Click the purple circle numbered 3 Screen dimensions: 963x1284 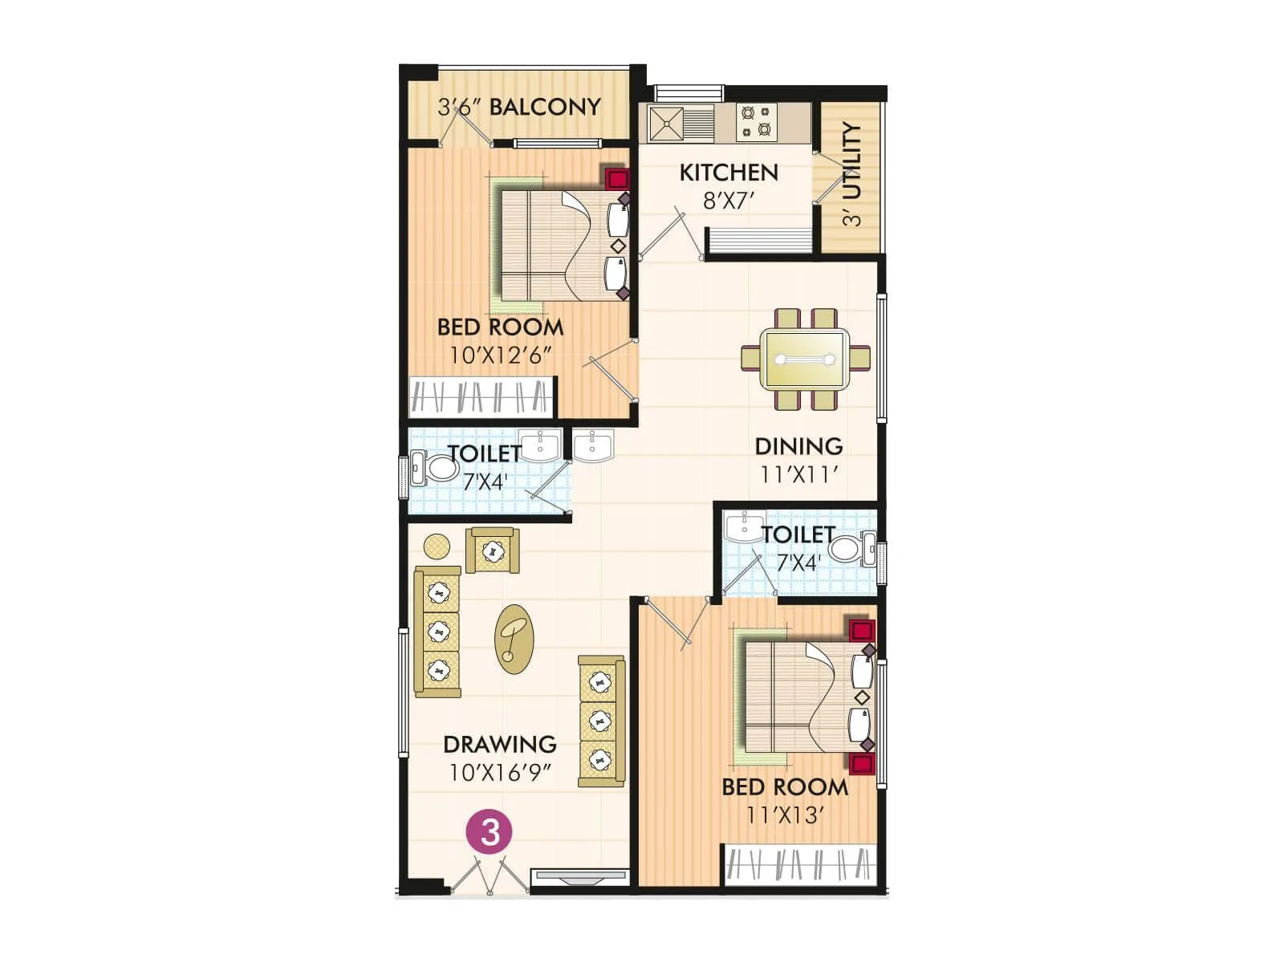pyautogui.click(x=490, y=831)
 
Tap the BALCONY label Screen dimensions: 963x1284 pyautogui.click(x=545, y=107)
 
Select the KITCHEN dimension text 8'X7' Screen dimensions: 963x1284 pyautogui.click(x=729, y=201)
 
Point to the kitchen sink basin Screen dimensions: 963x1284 pyautogui.click(x=667, y=124)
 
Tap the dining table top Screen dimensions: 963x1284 pyautogui.click(x=805, y=359)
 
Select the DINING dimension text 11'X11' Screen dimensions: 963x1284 pyautogui.click(x=799, y=474)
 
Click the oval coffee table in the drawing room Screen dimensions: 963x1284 pyautogui.click(x=514, y=639)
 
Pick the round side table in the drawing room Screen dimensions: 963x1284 pyautogui.click(x=437, y=547)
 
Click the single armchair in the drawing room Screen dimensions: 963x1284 pyautogui.click(x=492, y=551)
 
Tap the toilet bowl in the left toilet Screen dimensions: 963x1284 pyautogui.click(x=438, y=468)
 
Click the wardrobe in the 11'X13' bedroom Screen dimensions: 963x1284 pyautogui.click(x=798, y=865)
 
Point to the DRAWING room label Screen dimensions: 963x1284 pyautogui.click(x=500, y=744)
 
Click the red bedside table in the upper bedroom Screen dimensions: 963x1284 pyautogui.click(x=616, y=178)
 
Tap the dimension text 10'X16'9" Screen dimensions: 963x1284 pyautogui.click(x=500, y=773)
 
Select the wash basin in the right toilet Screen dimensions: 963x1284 pyautogui.click(x=744, y=528)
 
